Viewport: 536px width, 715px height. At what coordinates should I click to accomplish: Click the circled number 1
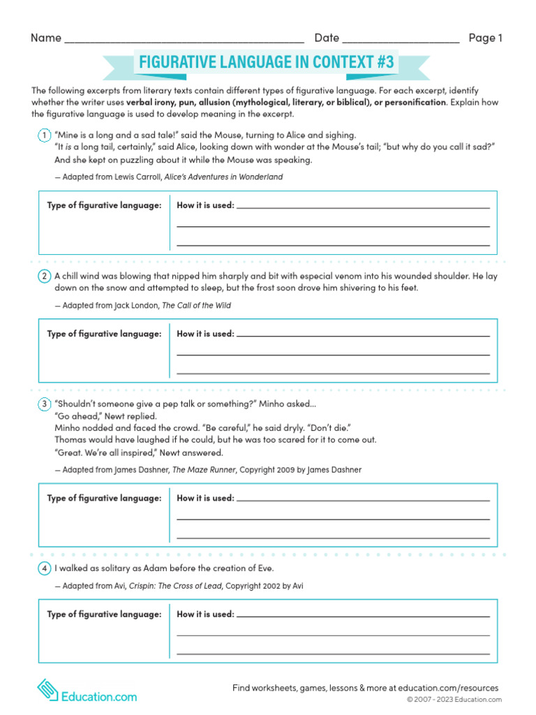[43, 135]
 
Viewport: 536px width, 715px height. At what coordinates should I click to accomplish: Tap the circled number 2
[43, 277]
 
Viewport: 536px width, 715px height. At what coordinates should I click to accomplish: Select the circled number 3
[43, 404]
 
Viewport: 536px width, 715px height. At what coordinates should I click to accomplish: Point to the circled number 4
[43, 568]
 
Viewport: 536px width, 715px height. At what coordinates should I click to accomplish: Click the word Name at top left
[46, 38]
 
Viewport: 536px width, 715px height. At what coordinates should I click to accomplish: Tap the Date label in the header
[327, 38]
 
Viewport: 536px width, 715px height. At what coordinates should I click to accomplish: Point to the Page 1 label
[485, 38]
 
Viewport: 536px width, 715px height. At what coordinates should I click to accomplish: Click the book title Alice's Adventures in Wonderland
[223, 177]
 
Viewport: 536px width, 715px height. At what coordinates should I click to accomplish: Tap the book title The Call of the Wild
[196, 306]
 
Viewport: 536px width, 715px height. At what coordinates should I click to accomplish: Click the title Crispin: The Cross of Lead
[175, 586]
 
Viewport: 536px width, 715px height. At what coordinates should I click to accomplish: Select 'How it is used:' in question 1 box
[206, 205]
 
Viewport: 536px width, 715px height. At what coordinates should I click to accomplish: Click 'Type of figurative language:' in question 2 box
[104, 334]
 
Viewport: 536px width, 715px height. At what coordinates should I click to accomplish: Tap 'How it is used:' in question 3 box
[206, 499]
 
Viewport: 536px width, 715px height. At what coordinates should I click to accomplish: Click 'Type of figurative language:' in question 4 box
[104, 614]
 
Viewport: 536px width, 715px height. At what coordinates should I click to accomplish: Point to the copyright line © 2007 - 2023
[454, 700]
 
